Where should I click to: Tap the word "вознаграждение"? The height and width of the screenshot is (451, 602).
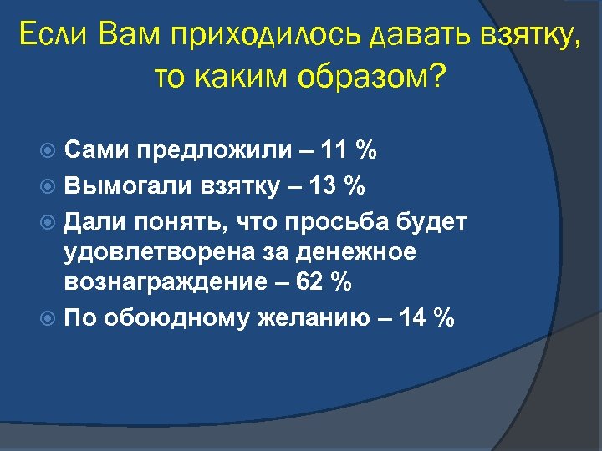(x=162, y=284)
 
